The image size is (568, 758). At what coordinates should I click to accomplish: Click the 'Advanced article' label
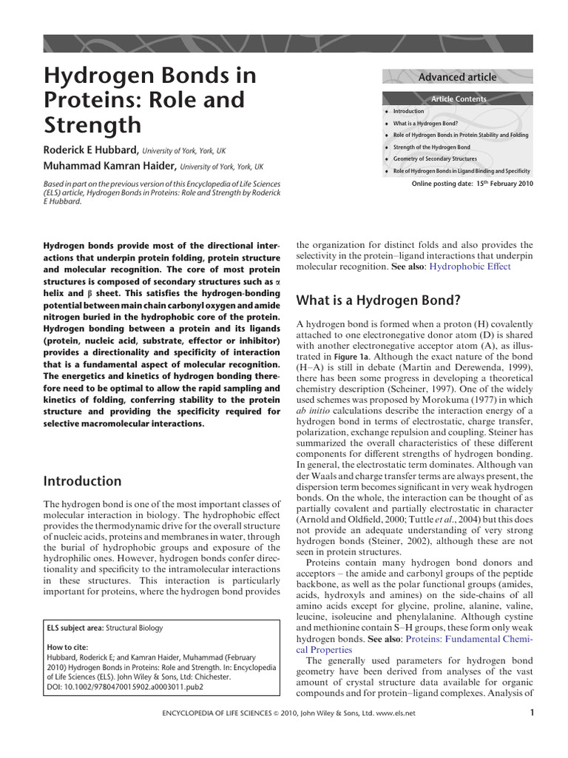pos(457,77)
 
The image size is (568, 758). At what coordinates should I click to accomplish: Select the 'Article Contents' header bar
pos(459,98)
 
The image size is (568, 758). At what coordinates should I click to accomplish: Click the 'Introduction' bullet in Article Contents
pos(408,111)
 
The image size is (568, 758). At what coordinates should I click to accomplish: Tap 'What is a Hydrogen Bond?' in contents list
pos(425,123)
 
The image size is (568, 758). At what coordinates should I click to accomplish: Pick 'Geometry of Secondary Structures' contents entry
pos(435,159)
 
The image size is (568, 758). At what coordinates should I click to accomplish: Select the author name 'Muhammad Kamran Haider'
pos(111,167)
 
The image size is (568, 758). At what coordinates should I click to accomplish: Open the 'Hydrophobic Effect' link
pos(470,266)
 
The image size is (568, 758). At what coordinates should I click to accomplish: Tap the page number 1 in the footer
pos(532,713)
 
